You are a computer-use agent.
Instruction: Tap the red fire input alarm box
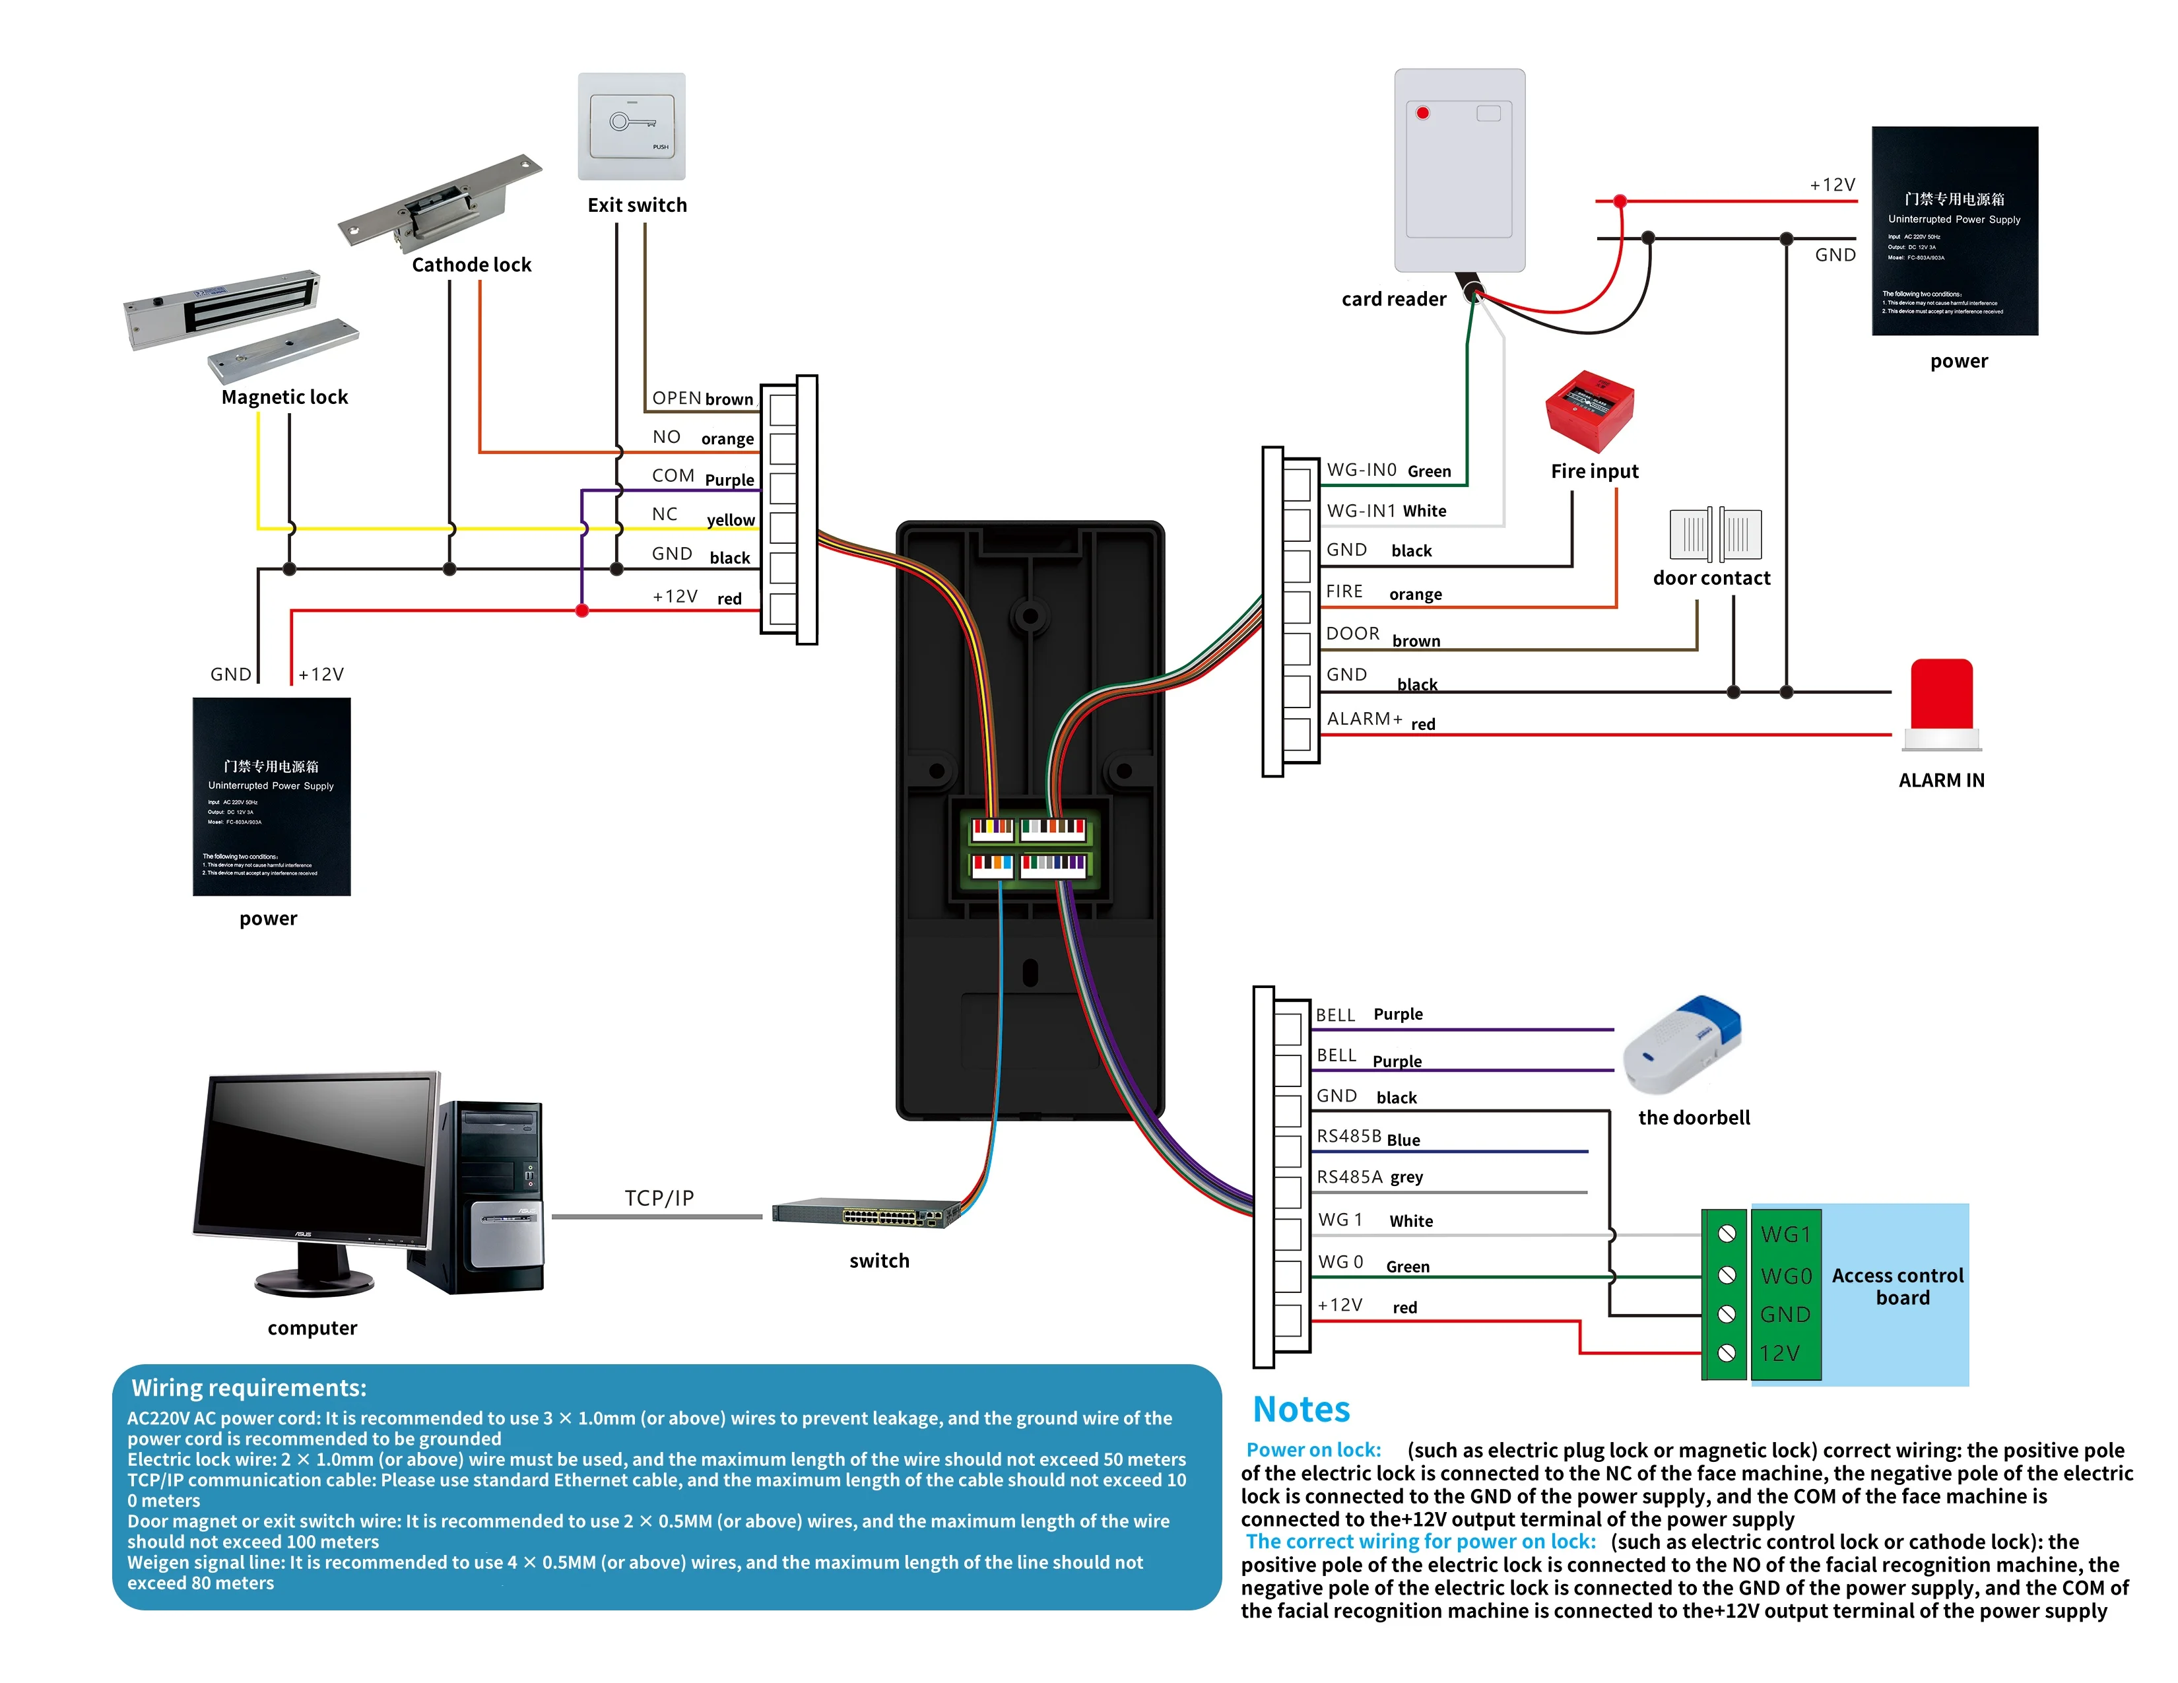1590,411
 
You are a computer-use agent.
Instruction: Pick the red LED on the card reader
1423,113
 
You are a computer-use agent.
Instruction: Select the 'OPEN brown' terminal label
702,399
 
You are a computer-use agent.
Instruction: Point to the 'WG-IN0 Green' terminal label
1388,471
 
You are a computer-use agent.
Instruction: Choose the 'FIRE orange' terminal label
1383,592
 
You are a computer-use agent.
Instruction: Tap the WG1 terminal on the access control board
1785,1234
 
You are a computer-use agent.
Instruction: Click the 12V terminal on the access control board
1779,1353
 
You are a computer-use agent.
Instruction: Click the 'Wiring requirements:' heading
249,1388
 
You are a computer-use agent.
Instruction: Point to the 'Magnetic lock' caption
284,397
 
